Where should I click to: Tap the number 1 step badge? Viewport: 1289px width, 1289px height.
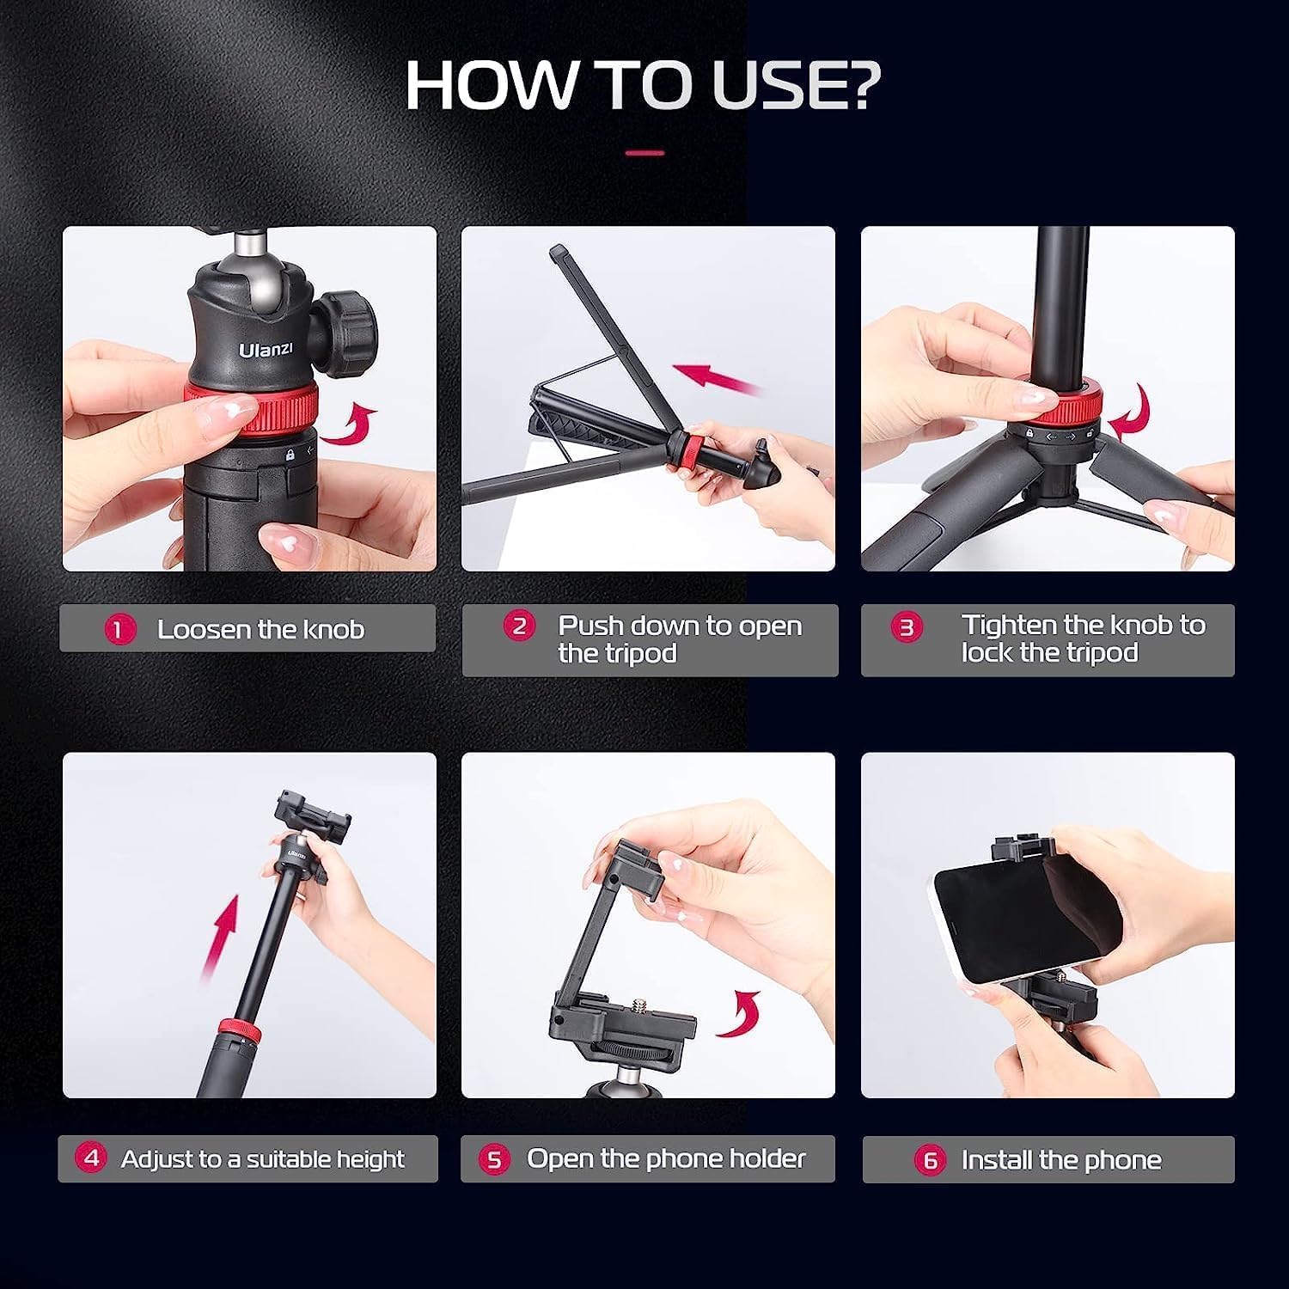[119, 630]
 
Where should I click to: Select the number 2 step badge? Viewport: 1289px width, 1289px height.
[519, 626]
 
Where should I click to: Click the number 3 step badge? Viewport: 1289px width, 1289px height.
[907, 627]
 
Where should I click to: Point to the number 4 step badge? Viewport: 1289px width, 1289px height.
[91, 1158]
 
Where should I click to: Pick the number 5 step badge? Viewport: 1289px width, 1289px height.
[494, 1159]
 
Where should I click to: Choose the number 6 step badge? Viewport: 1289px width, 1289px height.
[930, 1160]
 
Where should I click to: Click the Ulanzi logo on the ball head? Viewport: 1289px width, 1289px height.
[266, 349]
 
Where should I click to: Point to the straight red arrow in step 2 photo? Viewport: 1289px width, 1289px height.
[718, 379]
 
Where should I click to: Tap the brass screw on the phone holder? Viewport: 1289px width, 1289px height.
[641, 1005]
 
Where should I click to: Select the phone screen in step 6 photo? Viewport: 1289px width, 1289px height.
[1023, 919]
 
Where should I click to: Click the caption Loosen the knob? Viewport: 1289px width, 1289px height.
[260, 630]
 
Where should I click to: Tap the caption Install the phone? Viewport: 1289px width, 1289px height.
[1061, 1160]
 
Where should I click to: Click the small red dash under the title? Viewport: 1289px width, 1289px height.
[644, 153]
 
